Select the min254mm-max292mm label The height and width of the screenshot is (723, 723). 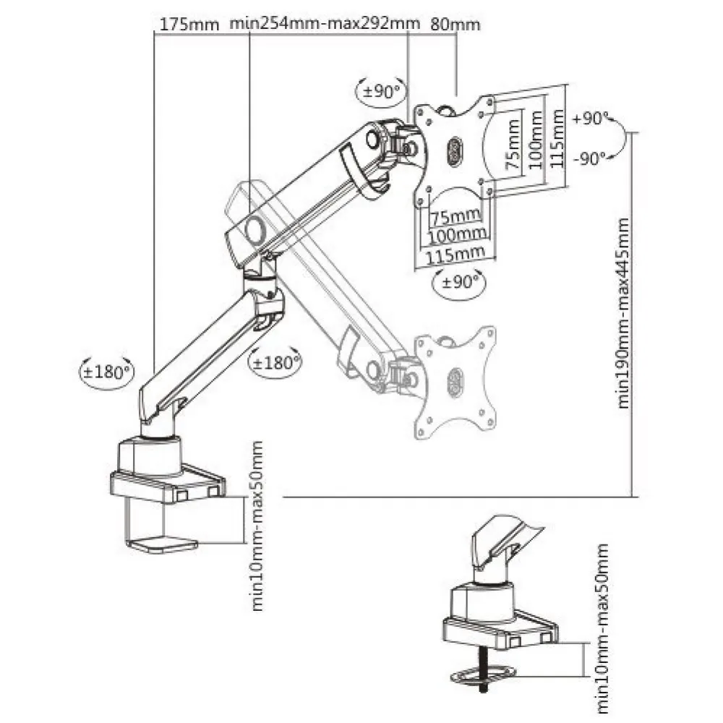point(325,23)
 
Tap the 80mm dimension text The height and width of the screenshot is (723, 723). point(455,23)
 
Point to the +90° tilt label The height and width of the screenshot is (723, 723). point(589,119)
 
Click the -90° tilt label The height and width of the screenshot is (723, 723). point(589,159)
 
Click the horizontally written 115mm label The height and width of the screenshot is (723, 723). point(455,252)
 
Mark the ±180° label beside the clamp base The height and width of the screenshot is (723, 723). point(106,372)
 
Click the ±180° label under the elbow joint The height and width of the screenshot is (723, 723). point(275,361)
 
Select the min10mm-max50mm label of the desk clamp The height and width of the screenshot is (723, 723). point(258,526)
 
